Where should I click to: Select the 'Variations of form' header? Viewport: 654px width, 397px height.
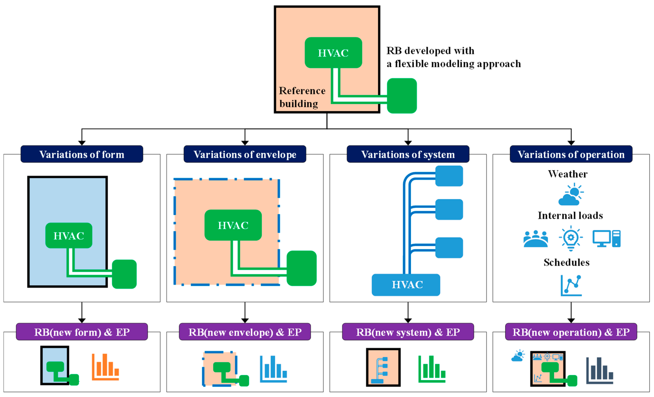[x=82, y=154]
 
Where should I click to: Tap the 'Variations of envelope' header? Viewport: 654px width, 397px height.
[x=245, y=154]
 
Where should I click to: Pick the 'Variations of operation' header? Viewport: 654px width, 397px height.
[x=571, y=154]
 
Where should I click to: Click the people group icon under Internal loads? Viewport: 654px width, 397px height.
[x=536, y=239]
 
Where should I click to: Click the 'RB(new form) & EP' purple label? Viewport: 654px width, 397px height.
[x=82, y=332]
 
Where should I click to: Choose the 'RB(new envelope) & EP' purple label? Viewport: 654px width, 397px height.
[x=245, y=332]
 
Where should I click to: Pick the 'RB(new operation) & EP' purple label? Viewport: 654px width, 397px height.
[x=571, y=332]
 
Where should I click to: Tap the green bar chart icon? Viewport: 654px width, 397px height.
[x=432, y=369]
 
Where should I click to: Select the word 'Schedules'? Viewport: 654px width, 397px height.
[x=566, y=262]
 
